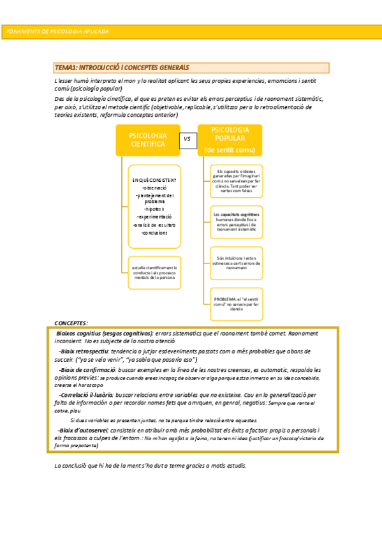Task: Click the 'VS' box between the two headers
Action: pyautogui.click(x=187, y=138)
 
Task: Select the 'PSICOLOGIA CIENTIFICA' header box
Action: pyautogui.click(x=148, y=140)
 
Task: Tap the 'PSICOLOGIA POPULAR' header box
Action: pyautogui.click(x=230, y=140)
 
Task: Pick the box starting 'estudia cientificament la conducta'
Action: pyautogui.click(x=154, y=272)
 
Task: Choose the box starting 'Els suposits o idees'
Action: pyautogui.click(x=236, y=181)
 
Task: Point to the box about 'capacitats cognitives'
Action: pyautogui.click(x=236, y=221)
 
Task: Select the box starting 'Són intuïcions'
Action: pyautogui.click(x=236, y=263)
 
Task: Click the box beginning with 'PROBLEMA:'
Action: pyautogui.click(x=236, y=304)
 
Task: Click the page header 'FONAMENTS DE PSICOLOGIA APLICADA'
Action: pyautogui.click(x=57, y=31)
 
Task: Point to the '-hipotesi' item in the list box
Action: pyautogui.click(x=154, y=209)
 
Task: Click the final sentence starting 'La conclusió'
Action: pyautogui.click(x=151, y=465)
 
